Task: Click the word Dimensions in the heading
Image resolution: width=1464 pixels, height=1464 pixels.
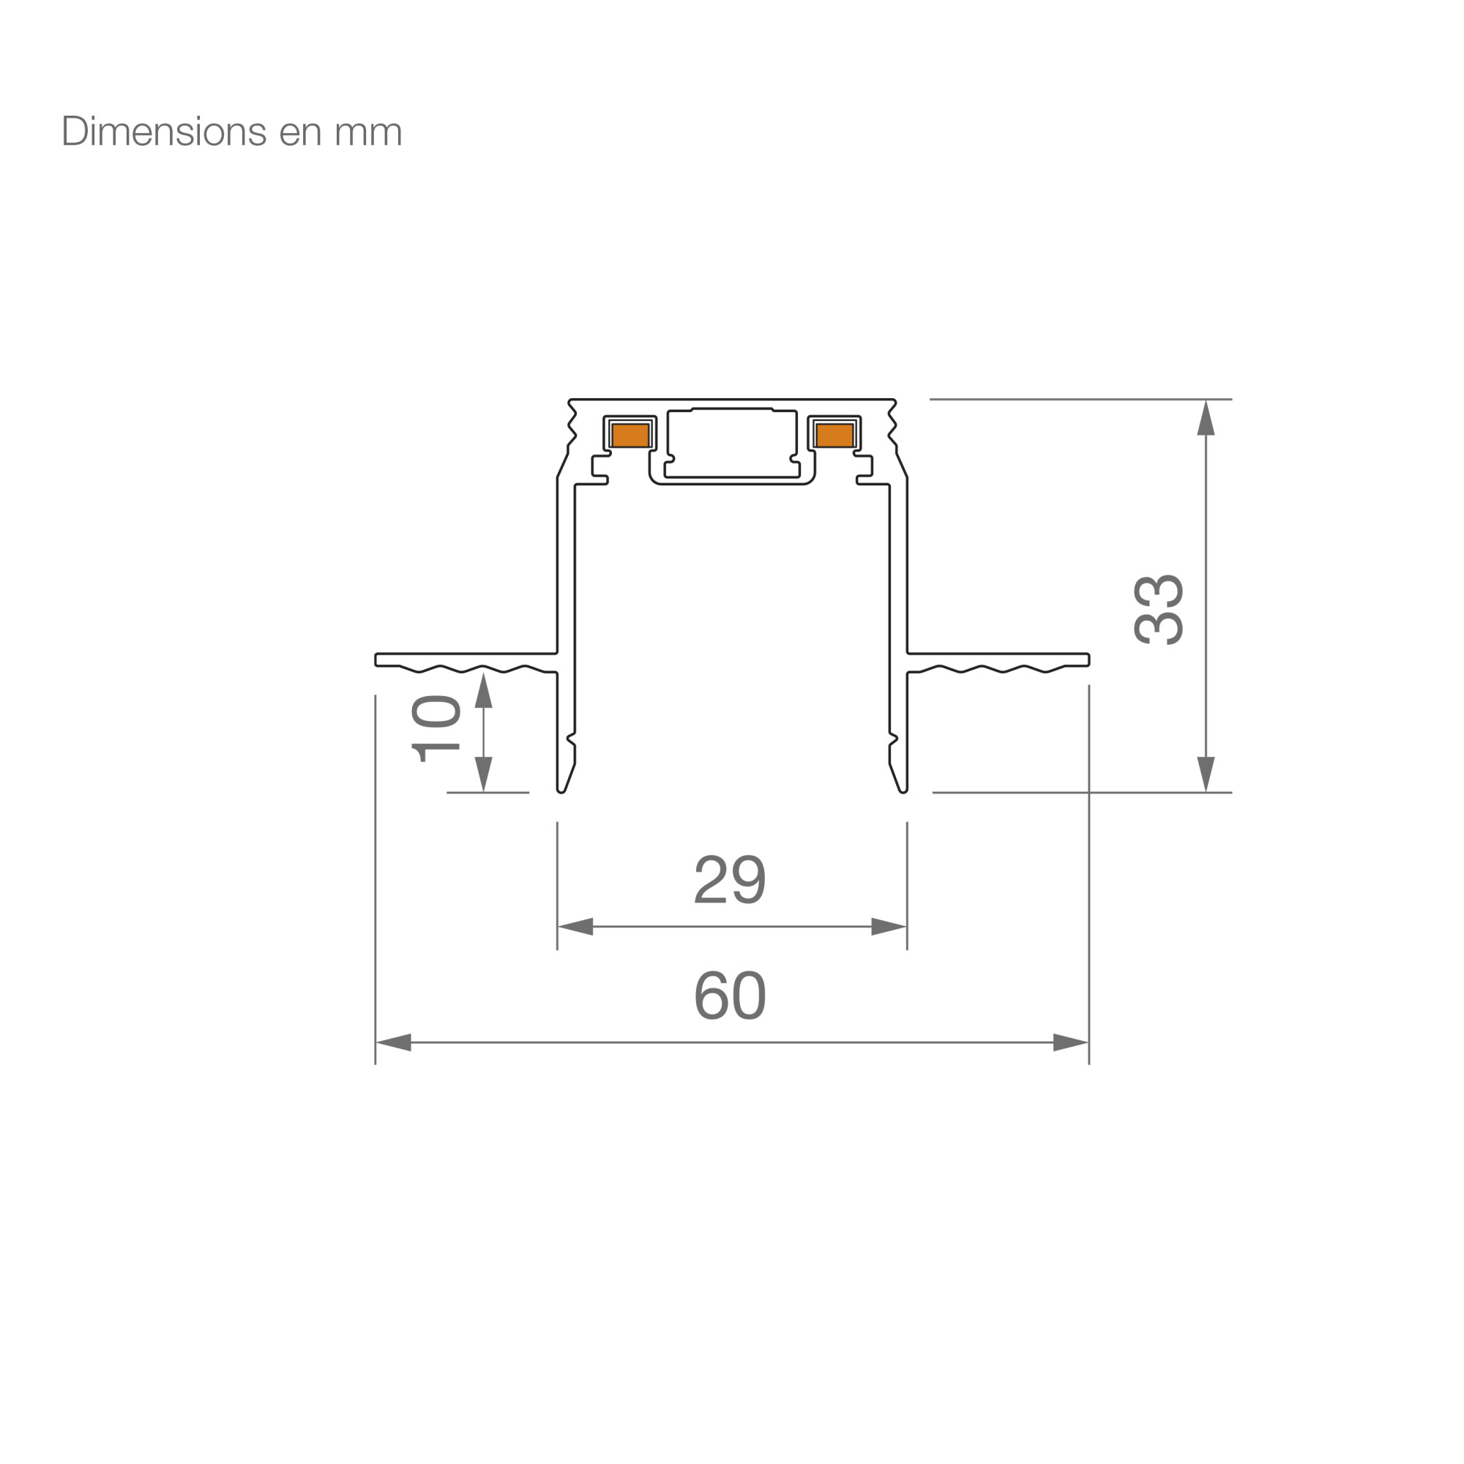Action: click(x=164, y=132)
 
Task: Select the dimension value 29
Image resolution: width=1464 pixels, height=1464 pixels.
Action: click(x=731, y=879)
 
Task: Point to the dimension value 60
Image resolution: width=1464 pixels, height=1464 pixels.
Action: click(x=731, y=995)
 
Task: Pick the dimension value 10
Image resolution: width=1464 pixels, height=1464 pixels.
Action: click(x=436, y=728)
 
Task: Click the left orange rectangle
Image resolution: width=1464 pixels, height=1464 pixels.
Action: click(x=630, y=435)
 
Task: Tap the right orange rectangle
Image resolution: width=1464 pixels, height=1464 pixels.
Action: click(x=835, y=435)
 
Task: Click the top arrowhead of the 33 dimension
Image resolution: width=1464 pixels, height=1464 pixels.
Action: click(x=1206, y=417)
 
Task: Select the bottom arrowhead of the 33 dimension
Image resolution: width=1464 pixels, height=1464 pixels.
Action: click(x=1206, y=774)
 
